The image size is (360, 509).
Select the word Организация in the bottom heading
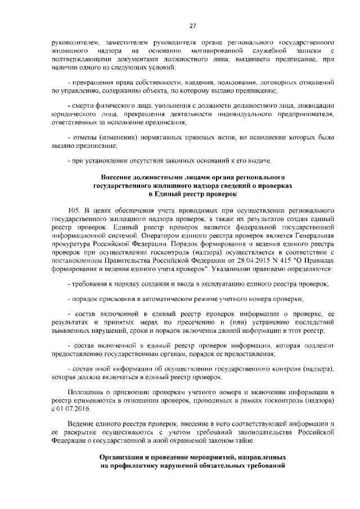pos(124,458)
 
